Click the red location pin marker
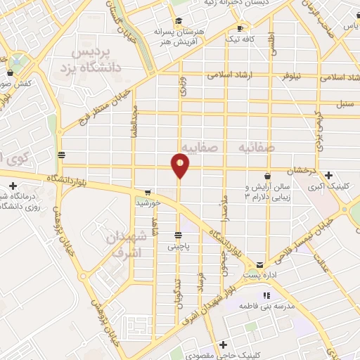tap(181, 166)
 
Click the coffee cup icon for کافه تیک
tap(240, 29)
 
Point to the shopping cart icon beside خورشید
tap(147, 192)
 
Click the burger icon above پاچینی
tap(179, 234)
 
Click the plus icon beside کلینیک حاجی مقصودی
tap(222, 345)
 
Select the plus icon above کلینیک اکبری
tap(328, 174)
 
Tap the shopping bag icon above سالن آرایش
tap(267, 175)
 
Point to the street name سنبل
tap(344, 105)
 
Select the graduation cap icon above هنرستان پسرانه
tap(177, 20)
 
